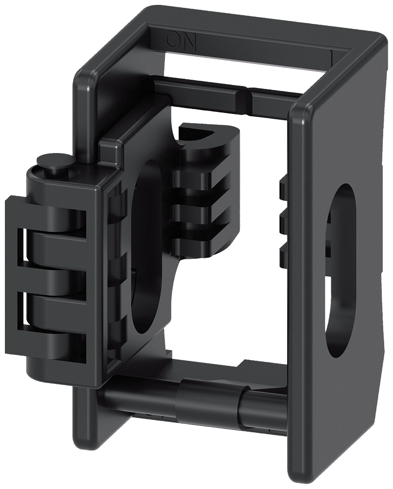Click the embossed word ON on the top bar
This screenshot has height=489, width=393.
(x=181, y=41)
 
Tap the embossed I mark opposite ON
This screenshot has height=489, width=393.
(x=332, y=56)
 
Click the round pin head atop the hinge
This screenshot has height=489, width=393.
(x=54, y=162)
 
